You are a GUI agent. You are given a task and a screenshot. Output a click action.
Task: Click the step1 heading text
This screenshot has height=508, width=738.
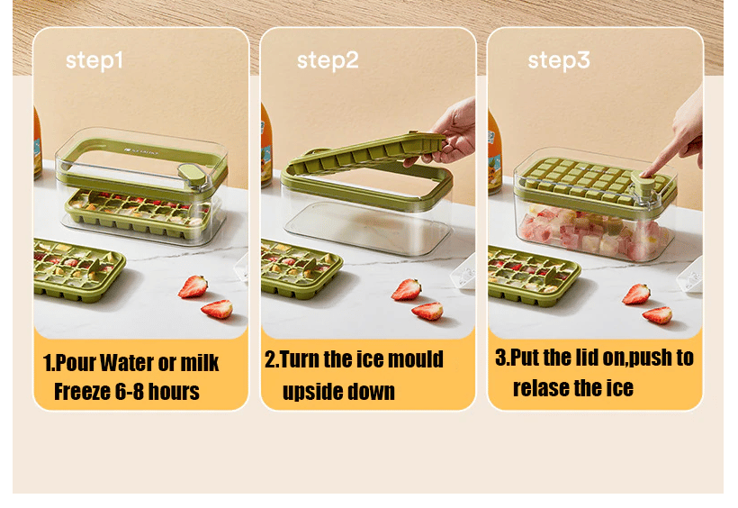pos(94,60)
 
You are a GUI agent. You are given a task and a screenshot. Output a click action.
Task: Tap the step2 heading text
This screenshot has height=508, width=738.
pos(328,60)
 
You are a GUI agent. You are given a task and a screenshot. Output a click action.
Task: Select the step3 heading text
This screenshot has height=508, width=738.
pos(559,60)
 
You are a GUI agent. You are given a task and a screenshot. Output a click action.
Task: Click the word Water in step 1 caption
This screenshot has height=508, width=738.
pos(127,363)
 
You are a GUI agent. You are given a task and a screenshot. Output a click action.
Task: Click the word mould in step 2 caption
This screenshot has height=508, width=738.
pos(415,359)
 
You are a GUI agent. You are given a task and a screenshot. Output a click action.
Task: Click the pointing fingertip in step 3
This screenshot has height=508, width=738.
pos(646,172)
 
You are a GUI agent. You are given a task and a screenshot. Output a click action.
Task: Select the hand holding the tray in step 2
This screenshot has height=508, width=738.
pos(447,133)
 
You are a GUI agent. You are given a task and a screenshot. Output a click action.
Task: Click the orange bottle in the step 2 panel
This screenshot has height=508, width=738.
pos(266,145)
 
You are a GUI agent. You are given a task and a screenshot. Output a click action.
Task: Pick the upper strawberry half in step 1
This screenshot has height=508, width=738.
pos(193,286)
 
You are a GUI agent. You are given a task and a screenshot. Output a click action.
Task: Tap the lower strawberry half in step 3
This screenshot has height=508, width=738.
pos(658,315)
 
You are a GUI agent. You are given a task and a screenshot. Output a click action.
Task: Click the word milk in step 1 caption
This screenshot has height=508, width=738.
pos(200,363)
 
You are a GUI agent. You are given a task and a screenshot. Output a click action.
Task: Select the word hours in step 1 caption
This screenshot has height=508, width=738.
pos(174,392)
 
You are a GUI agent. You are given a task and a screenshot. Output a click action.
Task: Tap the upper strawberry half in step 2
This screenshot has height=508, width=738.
pos(407,290)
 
